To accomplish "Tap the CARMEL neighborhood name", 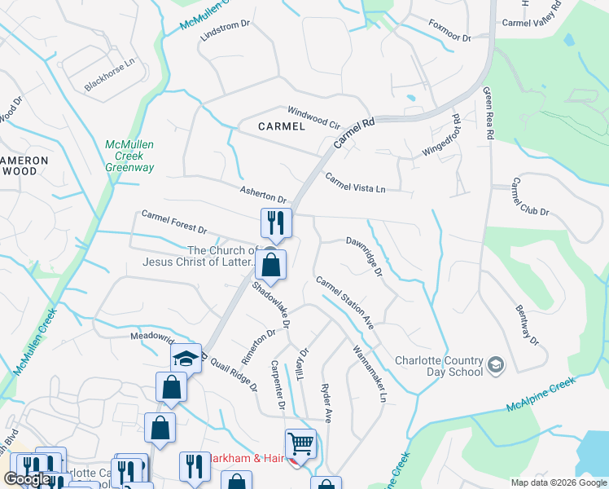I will coord(281,126).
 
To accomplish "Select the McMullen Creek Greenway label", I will coord(129,156).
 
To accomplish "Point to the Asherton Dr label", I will coord(263,194).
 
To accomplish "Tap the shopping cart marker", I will coord(300,444).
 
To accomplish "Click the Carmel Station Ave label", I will coord(344,302).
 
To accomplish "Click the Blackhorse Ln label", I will coord(109,76).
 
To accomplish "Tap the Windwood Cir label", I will coord(313,117).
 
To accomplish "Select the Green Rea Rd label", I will coord(489,114).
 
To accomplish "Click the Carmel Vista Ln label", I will coord(355,183).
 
